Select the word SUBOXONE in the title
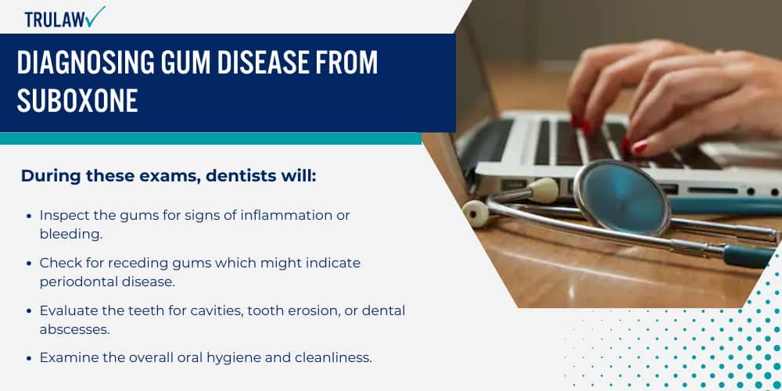pyautogui.click(x=77, y=101)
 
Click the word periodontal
pyautogui.click(x=77, y=281)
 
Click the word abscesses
pyautogui.click(x=74, y=328)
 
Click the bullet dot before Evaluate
pyautogui.click(x=30, y=311)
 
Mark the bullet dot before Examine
pyautogui.click(x=30, y=358)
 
